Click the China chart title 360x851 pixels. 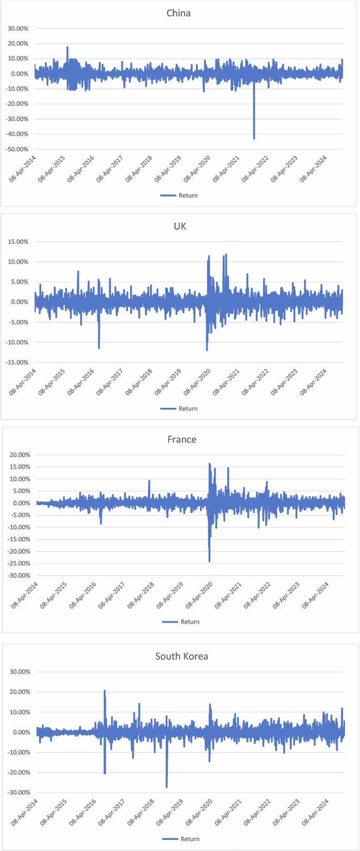coord(179,13)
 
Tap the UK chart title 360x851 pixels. coord(180,226)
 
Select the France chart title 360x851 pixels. coord(182,440)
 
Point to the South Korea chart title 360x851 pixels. coord(182,656)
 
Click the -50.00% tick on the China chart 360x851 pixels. coord(16,149)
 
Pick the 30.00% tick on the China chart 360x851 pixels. coord(18,28)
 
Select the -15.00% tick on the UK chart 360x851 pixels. coord(16,362)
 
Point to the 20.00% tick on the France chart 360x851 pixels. coord(19,455)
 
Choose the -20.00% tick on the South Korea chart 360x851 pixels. coord(18,773)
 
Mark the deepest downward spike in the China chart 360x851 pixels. coord(254,138)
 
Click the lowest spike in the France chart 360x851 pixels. coord(209,561)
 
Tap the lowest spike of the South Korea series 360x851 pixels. coord(167,786)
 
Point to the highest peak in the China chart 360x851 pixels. coord(67,47)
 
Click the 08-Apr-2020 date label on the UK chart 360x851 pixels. coord(199,382)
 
